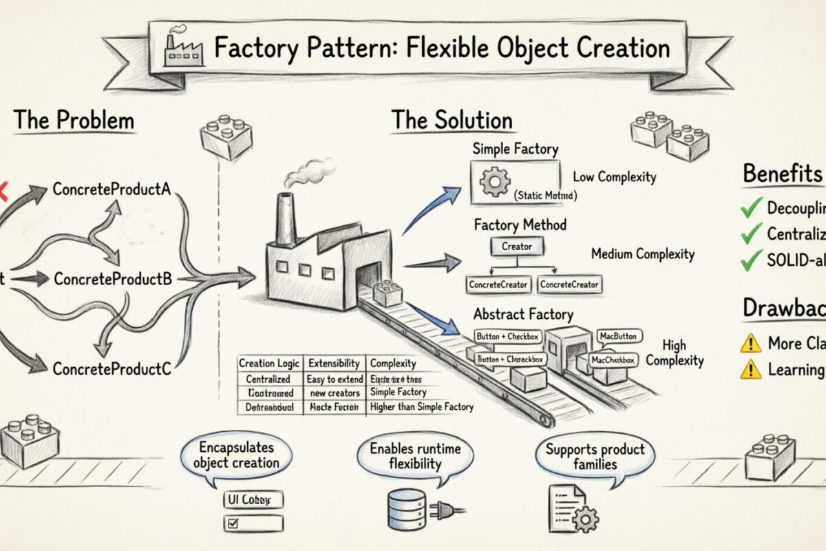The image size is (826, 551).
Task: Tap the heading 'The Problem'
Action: tap(74, 121)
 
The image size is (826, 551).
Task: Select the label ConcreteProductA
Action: tap(110, 189)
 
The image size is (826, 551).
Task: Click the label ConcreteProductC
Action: tap(112, 368)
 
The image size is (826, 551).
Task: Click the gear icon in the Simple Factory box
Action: tap(493, 183)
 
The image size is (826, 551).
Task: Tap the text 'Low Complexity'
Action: tap(614, 177)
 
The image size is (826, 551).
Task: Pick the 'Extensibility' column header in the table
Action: tap(333, 363)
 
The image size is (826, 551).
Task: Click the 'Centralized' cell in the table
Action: tap(268, 379)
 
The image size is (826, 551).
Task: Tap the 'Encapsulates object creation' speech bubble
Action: tap(235, 455)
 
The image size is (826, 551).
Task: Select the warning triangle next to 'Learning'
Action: tap(750, 371)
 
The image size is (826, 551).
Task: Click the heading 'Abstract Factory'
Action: tap(523, 315)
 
